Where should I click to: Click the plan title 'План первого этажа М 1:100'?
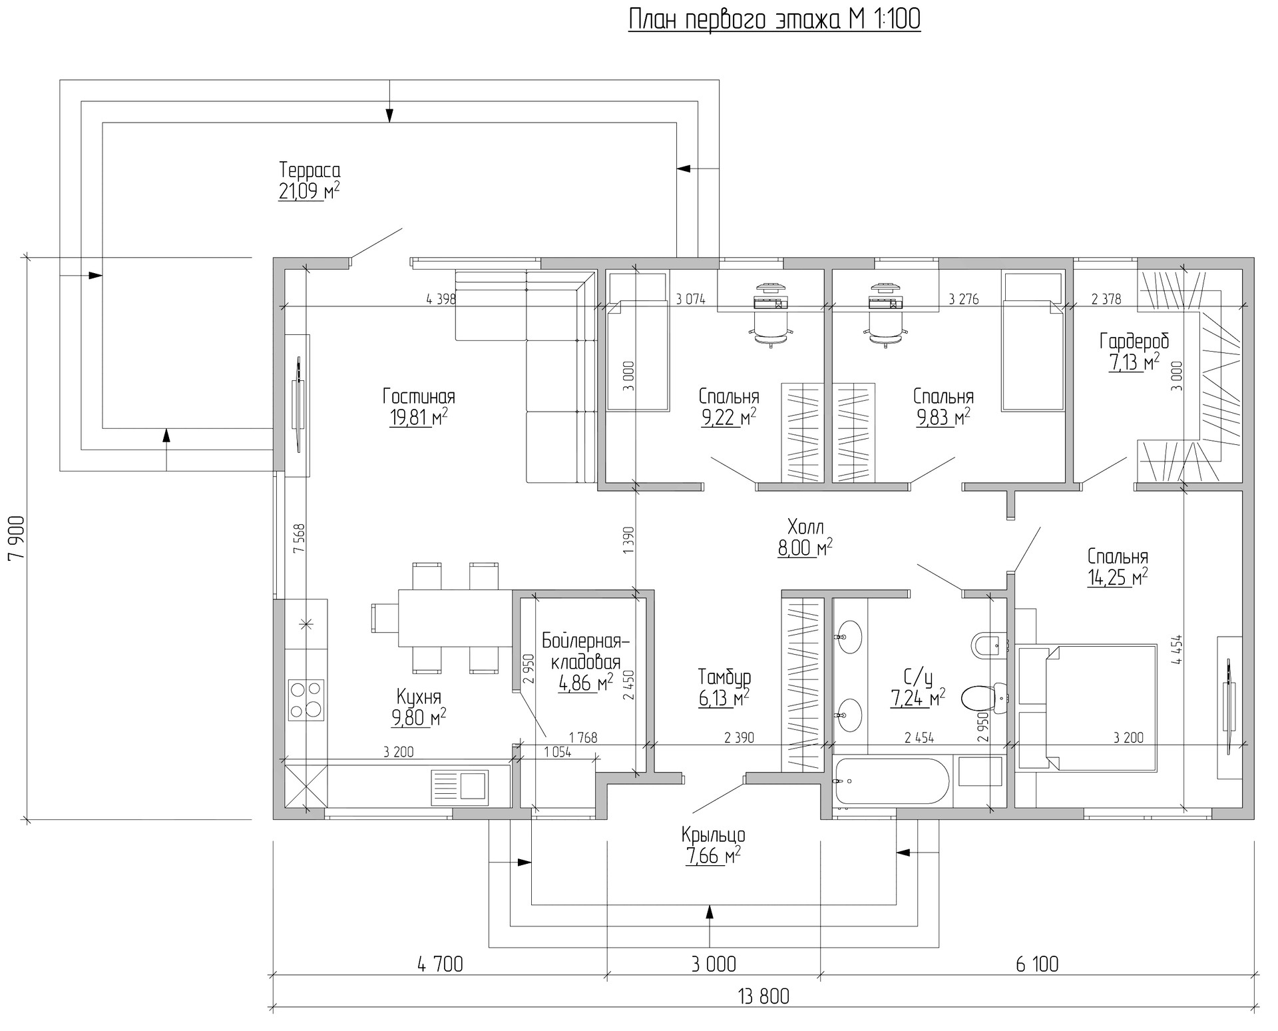click(775, 19)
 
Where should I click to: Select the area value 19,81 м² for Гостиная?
click(419, 418)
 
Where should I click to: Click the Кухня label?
click(419, 697)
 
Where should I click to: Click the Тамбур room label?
click(724, 677)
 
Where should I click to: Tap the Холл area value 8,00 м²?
click(805, 548)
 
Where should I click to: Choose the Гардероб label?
click(1134, 341)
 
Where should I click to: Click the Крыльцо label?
click(713, 835)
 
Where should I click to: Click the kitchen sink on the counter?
click(459, 784)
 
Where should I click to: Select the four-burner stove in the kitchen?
click(306, 699)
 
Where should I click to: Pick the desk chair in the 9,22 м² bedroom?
click(771, 328)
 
